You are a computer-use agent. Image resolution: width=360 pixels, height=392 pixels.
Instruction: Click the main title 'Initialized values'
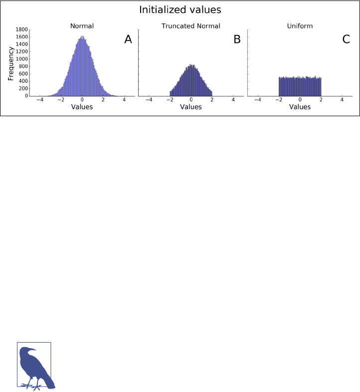180,10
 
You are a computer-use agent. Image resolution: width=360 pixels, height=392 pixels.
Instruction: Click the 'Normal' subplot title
82,25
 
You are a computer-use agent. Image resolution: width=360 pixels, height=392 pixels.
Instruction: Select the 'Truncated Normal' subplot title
191,25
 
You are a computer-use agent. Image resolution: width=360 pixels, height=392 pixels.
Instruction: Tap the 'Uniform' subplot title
300,25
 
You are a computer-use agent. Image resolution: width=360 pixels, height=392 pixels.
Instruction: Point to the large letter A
128,40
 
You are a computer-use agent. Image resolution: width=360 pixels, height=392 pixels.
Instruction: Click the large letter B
237,40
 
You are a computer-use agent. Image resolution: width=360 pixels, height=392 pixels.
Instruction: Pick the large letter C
346,40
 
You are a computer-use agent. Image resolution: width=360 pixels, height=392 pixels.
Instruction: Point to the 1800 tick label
21,30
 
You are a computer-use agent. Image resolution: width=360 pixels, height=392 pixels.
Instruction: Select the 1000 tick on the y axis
21,59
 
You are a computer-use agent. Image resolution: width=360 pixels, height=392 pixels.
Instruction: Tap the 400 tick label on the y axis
22,81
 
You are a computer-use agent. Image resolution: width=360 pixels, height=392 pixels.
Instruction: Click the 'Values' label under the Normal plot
82,107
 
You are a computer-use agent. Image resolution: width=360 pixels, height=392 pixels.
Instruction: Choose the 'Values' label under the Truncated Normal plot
191,107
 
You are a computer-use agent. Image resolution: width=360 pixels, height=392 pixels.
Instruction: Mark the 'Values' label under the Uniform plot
300,107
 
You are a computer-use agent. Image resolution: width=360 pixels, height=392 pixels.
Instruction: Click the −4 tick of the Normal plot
39,100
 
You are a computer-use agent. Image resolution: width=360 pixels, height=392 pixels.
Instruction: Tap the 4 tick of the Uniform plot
342,100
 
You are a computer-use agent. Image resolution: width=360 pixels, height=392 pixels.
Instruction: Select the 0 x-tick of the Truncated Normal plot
191,100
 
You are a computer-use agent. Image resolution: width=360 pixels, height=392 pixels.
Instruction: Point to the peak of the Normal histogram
82,36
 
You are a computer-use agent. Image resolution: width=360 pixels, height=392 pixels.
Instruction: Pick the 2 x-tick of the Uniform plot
321,100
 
